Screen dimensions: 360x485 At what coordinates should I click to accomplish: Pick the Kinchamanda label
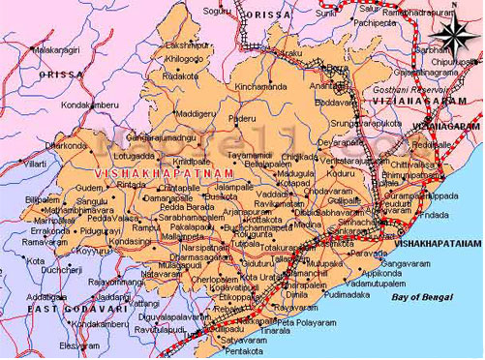coord(260,86)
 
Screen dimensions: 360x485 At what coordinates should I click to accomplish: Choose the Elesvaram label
coord(79,345)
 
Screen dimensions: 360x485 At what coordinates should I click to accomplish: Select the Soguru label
coord(218,11)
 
